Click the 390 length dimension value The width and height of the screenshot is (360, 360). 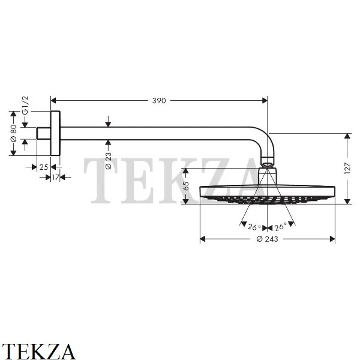pos(159,101)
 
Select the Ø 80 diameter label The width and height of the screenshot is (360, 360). pos(14,133)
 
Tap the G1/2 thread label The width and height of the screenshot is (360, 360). pos(25,105)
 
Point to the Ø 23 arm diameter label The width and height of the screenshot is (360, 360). pos(109,161)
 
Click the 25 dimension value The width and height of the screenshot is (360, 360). pos(44,167)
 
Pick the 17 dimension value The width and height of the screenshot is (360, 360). pos(55,177)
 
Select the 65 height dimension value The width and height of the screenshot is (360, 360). pos(186,186)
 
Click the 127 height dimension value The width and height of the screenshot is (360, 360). pos(347,168)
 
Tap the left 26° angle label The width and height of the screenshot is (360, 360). pos(254,227)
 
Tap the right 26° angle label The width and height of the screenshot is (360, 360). pos(281,227)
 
